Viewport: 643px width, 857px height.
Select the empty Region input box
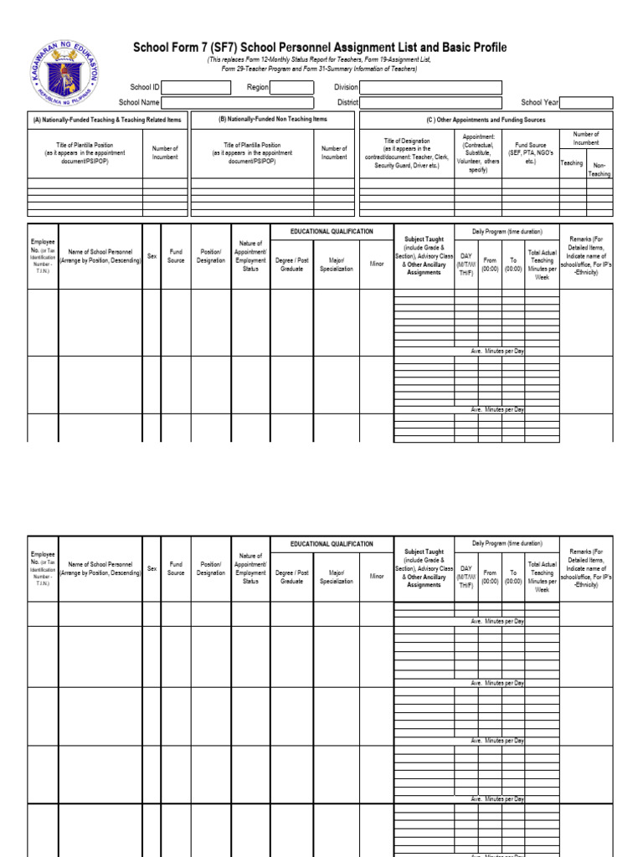[291, 87]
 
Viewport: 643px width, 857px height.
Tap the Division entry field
[430, 87]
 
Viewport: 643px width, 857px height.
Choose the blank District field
[430, 103]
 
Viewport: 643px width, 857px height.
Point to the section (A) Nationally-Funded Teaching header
[106, 121]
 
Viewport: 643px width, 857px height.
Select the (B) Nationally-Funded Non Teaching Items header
[273, 120]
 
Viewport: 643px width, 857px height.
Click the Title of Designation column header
[406, 154]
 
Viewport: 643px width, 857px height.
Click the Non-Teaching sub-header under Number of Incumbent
[599, 170]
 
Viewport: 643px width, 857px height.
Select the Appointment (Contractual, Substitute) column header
[478, 152]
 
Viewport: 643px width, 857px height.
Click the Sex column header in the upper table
[152, 256]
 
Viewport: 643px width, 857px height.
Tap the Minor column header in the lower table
[377, 576]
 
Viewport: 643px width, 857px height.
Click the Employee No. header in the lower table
[43, 568]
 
